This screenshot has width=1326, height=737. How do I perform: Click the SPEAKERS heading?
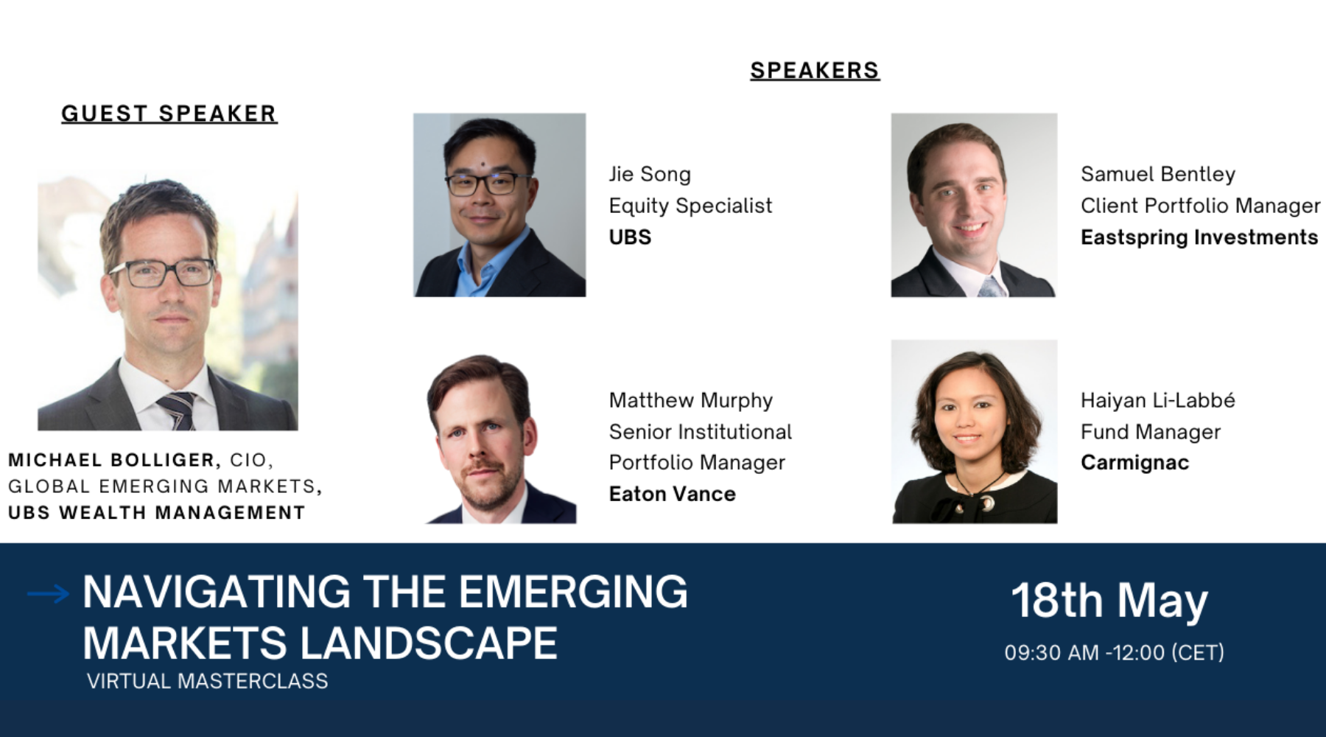tap(815, 71)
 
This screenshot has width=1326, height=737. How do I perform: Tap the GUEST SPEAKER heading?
tap(169, 113)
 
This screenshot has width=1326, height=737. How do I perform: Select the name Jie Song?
tap(650, 175)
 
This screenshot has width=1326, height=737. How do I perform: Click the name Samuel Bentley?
tap(1158, 174)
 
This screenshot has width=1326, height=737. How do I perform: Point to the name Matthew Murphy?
tap(691, 400)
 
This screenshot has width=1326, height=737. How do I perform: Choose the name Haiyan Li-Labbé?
tap(1158, 400)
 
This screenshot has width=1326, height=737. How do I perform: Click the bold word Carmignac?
tap(1135, 463)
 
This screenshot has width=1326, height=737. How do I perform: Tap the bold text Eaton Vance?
tap(673, 494)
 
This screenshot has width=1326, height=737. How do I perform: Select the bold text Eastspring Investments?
tap(1199, 237)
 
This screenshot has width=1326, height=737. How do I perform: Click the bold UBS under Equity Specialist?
tap(631, 237)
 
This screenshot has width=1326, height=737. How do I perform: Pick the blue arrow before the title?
tap(49, 593)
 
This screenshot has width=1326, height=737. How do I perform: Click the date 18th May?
tap(1109, 601)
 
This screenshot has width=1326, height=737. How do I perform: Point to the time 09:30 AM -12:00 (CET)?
tap(1115, 653)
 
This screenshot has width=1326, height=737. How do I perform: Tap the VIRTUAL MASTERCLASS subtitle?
tap(208, 681)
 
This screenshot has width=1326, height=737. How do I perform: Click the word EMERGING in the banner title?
tap(573, 592)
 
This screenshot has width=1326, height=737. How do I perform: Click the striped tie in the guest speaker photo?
tap(178, 410)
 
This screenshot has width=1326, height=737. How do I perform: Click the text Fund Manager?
tap(1151, 432)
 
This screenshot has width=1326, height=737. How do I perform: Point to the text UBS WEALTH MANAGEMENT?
tap(157, 513)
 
